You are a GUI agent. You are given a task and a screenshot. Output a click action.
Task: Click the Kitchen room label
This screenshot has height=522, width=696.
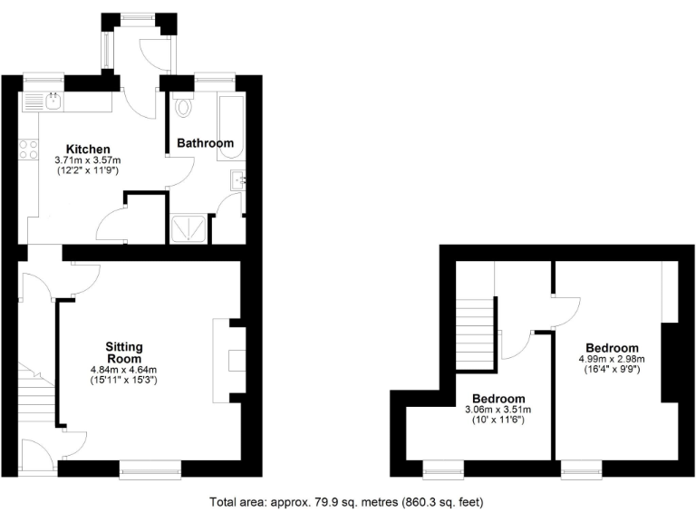pyautogui.click(x=87, y=149)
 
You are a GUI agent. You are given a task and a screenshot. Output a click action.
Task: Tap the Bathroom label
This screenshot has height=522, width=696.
pyautogui.click(x=205, y=143)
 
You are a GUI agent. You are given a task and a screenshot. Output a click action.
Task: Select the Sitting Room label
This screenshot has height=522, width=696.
pyautogui.click(x=124, y=353)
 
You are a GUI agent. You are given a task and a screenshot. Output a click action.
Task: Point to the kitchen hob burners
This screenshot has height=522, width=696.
pyautogui.click(x=27, y=149)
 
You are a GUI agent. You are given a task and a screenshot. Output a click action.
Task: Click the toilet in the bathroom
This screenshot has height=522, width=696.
pyautogui.click(x=185, y=106)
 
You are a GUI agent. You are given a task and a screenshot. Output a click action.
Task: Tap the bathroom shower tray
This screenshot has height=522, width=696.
pyautogui.click(x=189, y=231)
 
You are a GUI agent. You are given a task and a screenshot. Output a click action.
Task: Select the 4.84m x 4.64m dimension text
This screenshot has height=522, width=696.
pyautogui.click(x=124, y=370)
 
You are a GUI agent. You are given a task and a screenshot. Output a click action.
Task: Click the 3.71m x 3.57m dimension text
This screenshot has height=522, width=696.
pyautogui.click(x=87, y=159)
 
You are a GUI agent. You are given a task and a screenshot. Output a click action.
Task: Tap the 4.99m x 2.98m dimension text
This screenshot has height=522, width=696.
pyautogui.click(x=612, y=359)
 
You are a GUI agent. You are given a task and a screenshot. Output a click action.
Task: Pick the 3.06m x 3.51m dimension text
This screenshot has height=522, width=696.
pyautogui.click(x=499, y=411)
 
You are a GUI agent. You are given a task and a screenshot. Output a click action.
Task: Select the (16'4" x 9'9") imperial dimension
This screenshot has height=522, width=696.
pyautogui.click(x=612, y=370)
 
